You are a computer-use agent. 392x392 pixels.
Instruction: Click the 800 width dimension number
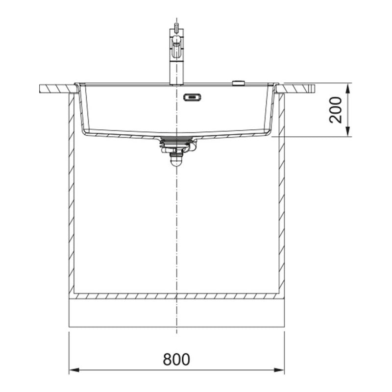pos(176,359)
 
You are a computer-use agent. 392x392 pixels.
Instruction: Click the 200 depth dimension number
pos(336,110)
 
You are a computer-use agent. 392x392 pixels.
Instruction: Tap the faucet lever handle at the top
pos(176,27)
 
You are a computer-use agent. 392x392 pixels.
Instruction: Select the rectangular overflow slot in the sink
pos(192,97)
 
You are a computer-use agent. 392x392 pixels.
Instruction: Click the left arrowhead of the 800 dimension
pos(74,370)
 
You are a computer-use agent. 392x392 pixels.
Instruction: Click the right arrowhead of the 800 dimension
pos(279,370)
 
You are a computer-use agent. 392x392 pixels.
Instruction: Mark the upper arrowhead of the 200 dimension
pos(347,89)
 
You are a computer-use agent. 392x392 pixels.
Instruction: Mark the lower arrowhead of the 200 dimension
pos(347,131)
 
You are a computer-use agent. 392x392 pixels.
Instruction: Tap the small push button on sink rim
pos(239,83)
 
